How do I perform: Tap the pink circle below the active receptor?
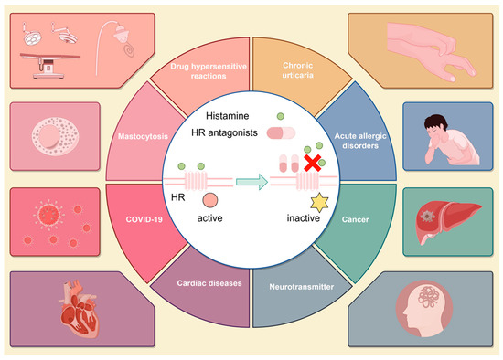click(209, 201)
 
